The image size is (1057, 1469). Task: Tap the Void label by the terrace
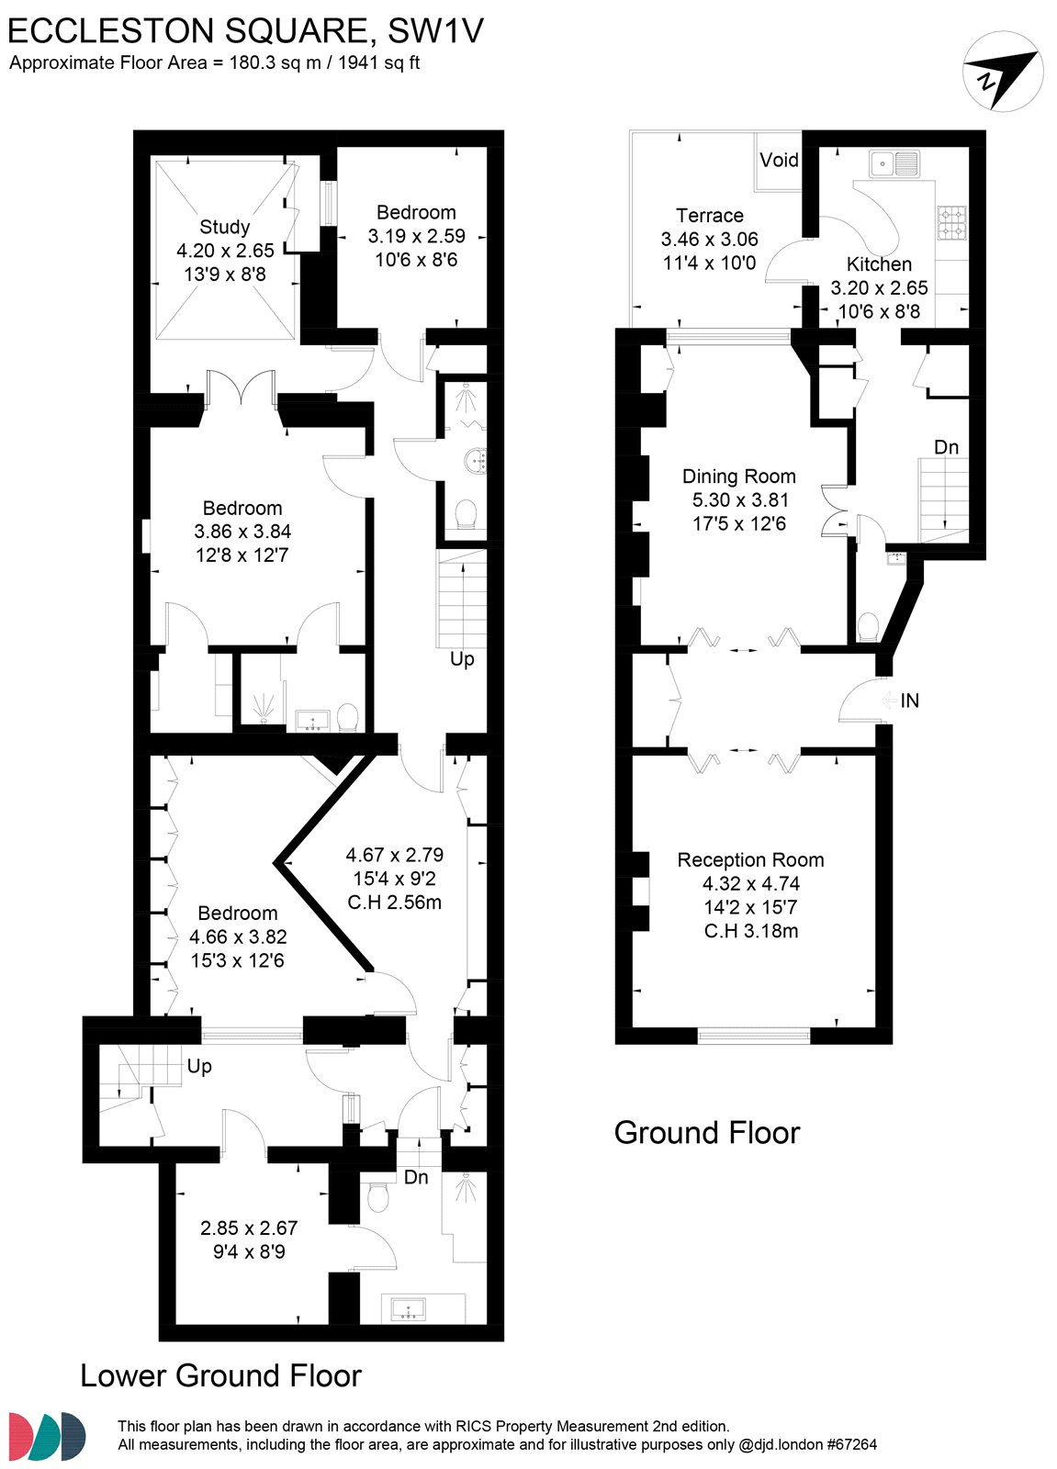tap(779, 160)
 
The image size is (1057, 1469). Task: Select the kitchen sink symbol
tap(894, 164)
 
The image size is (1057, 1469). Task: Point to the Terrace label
tap(710, 216)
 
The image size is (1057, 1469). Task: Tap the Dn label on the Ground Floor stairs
tap(946, 447)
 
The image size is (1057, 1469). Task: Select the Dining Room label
tap(738, 477)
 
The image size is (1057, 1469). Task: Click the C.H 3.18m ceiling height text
tap(751, 931)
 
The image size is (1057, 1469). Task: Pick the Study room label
tap(224, 227)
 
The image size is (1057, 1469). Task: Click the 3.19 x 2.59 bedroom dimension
tap(417, 236)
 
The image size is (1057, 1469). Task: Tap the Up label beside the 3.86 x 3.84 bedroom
tap(462, 659)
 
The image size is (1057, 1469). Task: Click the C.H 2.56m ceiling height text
tap(394, 903)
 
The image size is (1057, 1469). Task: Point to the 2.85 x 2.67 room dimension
tap(249, 1228)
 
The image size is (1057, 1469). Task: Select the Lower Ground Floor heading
tap(220, 1376)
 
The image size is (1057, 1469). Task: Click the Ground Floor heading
tap(707, 1133)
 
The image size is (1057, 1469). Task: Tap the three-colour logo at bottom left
tap(47, 1436)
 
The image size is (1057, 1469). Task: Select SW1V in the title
tap(435, 30)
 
